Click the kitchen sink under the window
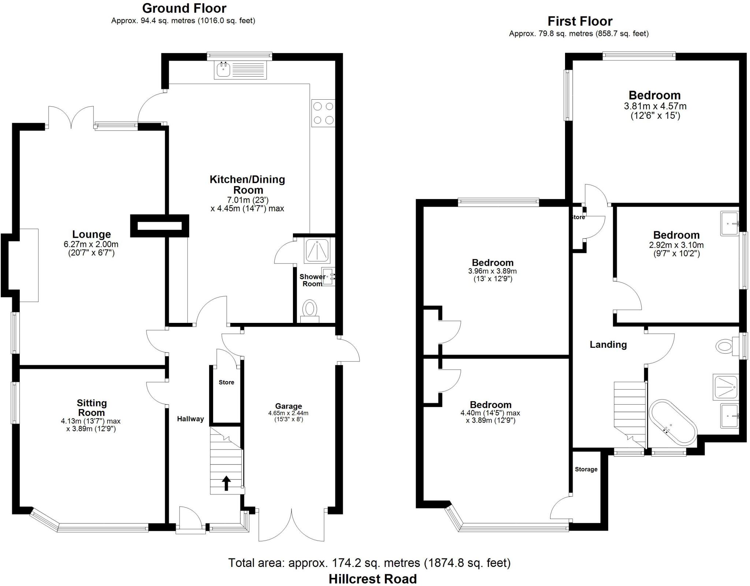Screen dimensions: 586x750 [223, 70]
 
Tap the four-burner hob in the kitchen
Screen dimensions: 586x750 [323, 113]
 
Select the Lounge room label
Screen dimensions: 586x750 [91, 234]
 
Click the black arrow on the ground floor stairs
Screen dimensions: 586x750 [226, 483]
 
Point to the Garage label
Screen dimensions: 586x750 [289, 406]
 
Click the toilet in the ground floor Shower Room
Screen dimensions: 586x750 [310, 310]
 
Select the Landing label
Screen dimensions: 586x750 [608, 344]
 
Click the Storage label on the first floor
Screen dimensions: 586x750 [586, 469]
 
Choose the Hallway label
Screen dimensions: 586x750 [190, 419]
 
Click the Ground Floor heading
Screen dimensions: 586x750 [184, 8]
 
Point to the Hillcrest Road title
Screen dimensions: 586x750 [372, 579]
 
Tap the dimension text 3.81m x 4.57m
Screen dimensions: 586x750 [655, 106]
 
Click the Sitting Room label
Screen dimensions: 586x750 [92, 408]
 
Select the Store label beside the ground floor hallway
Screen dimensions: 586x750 [226, 382]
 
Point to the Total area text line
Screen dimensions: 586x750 [369, 563]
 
